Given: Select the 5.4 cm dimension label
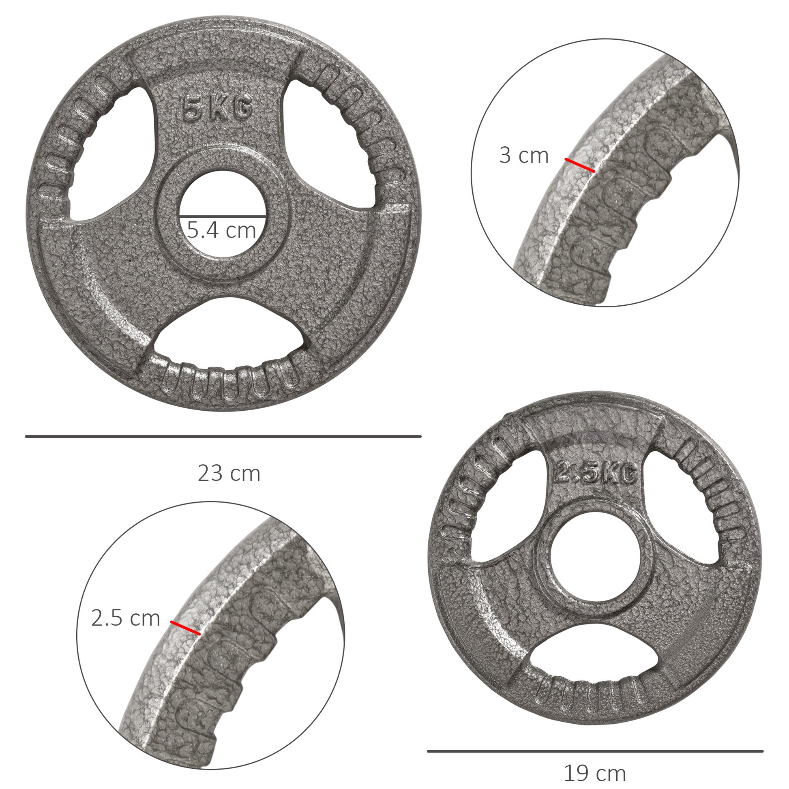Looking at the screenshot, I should tap(222, 230).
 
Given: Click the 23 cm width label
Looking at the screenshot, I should tap(229, 474).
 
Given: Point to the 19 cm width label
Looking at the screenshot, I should tap(595, 773).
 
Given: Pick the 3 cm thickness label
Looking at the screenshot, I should tap(524, 156).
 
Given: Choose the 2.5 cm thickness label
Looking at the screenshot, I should tap(125, 618).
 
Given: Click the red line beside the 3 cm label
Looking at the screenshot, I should tap(580, 165).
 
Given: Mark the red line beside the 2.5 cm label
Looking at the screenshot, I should tap(186, 628).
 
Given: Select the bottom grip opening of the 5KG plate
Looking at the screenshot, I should tap(229, 331).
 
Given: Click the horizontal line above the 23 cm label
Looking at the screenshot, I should tap(223, 437).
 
